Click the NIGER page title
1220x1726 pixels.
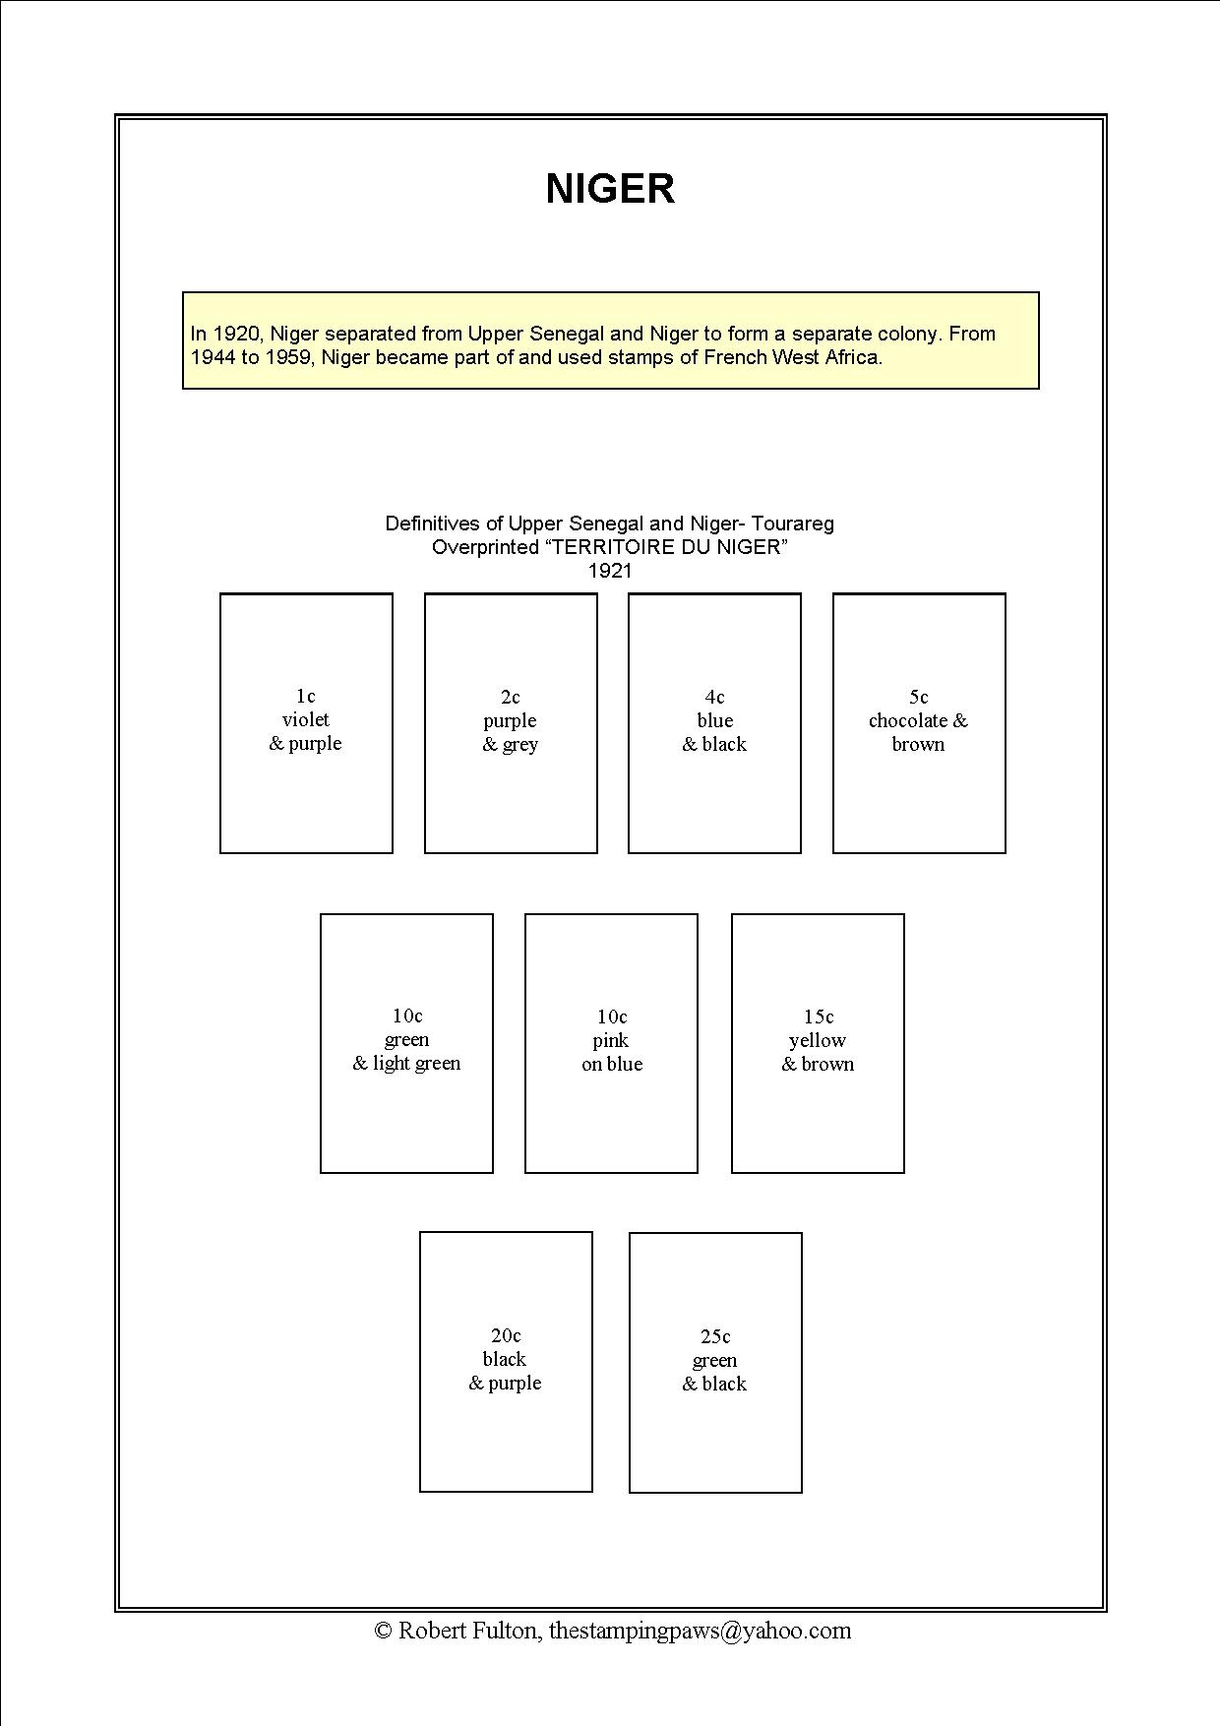pos(610,189)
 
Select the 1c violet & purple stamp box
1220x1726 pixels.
pos(306,722)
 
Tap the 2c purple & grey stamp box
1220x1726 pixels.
pos(511,722)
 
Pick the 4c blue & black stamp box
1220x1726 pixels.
pos(714,722)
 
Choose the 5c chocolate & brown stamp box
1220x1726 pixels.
pos(919,722)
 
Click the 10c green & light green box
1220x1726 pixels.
pos(406,1043)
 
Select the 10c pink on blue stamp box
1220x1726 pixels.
pos(611,1043)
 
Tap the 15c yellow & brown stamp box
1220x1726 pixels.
pos(818,1043)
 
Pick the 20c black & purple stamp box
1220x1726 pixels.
pos(506,1361)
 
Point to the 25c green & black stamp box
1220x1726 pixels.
pos(715,1362)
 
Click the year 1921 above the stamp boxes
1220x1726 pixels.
pos(609,571)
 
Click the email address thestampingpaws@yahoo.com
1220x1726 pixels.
pos(700,1631)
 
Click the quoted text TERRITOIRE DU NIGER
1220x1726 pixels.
pos(666,547)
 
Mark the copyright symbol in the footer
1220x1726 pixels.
pos(384,1632)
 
